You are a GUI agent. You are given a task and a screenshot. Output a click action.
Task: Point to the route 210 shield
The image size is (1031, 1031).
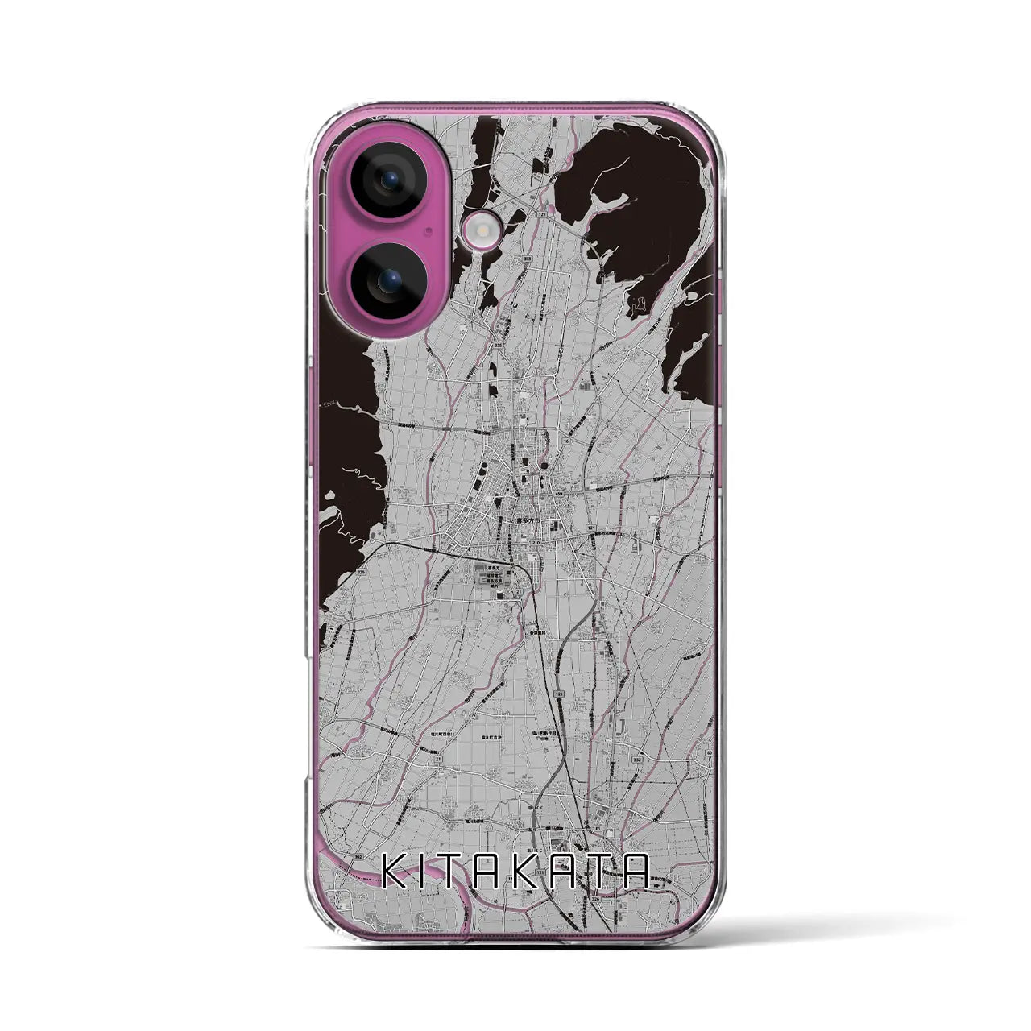coord(534,543)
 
